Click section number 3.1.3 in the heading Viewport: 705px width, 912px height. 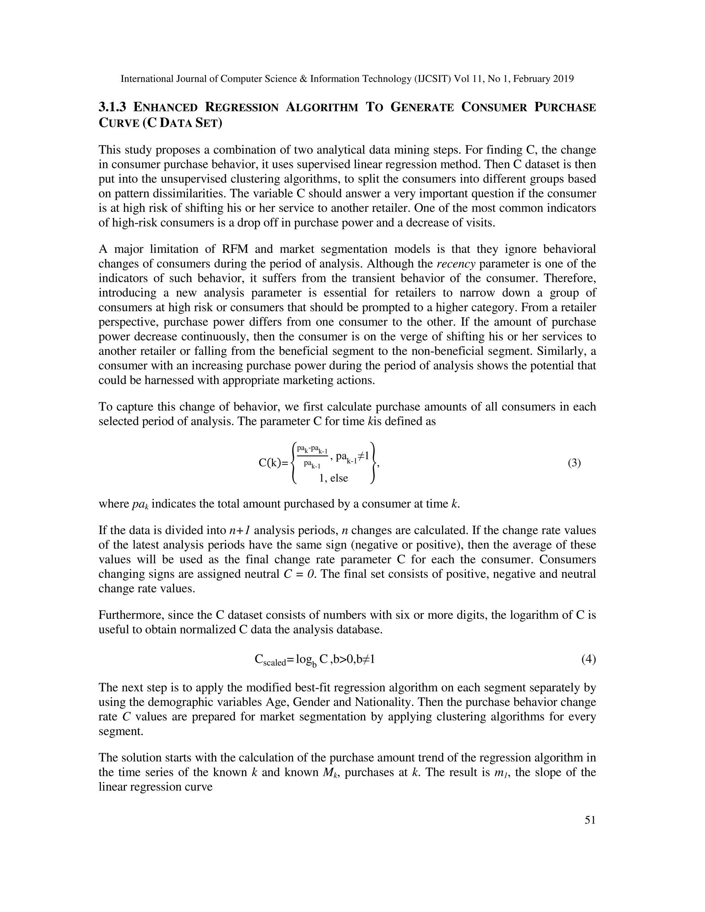click(x=112, y=107)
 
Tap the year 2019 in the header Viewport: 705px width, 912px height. click(x=564, y=79)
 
